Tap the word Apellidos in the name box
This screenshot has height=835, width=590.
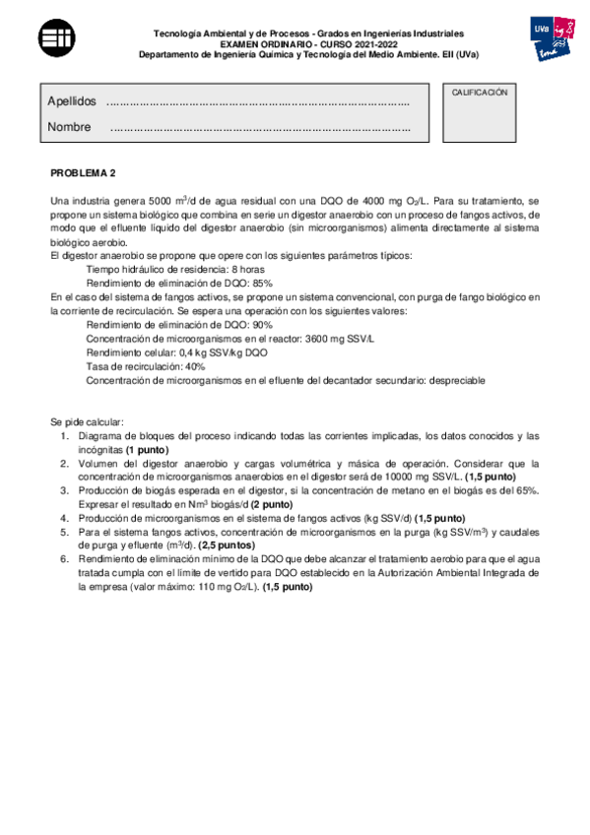click(x=72, y=101)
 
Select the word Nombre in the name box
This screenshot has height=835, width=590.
click(x=69, y=127)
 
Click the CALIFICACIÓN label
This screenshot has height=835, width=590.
click(x=479, y=93)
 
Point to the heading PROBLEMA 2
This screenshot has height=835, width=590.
click(x=83, y=173)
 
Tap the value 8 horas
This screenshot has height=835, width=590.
click(x=246, y=268)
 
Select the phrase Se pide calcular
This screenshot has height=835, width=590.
click(x=87, y=421)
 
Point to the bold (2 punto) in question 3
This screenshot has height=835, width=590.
click(x=264, y=504)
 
